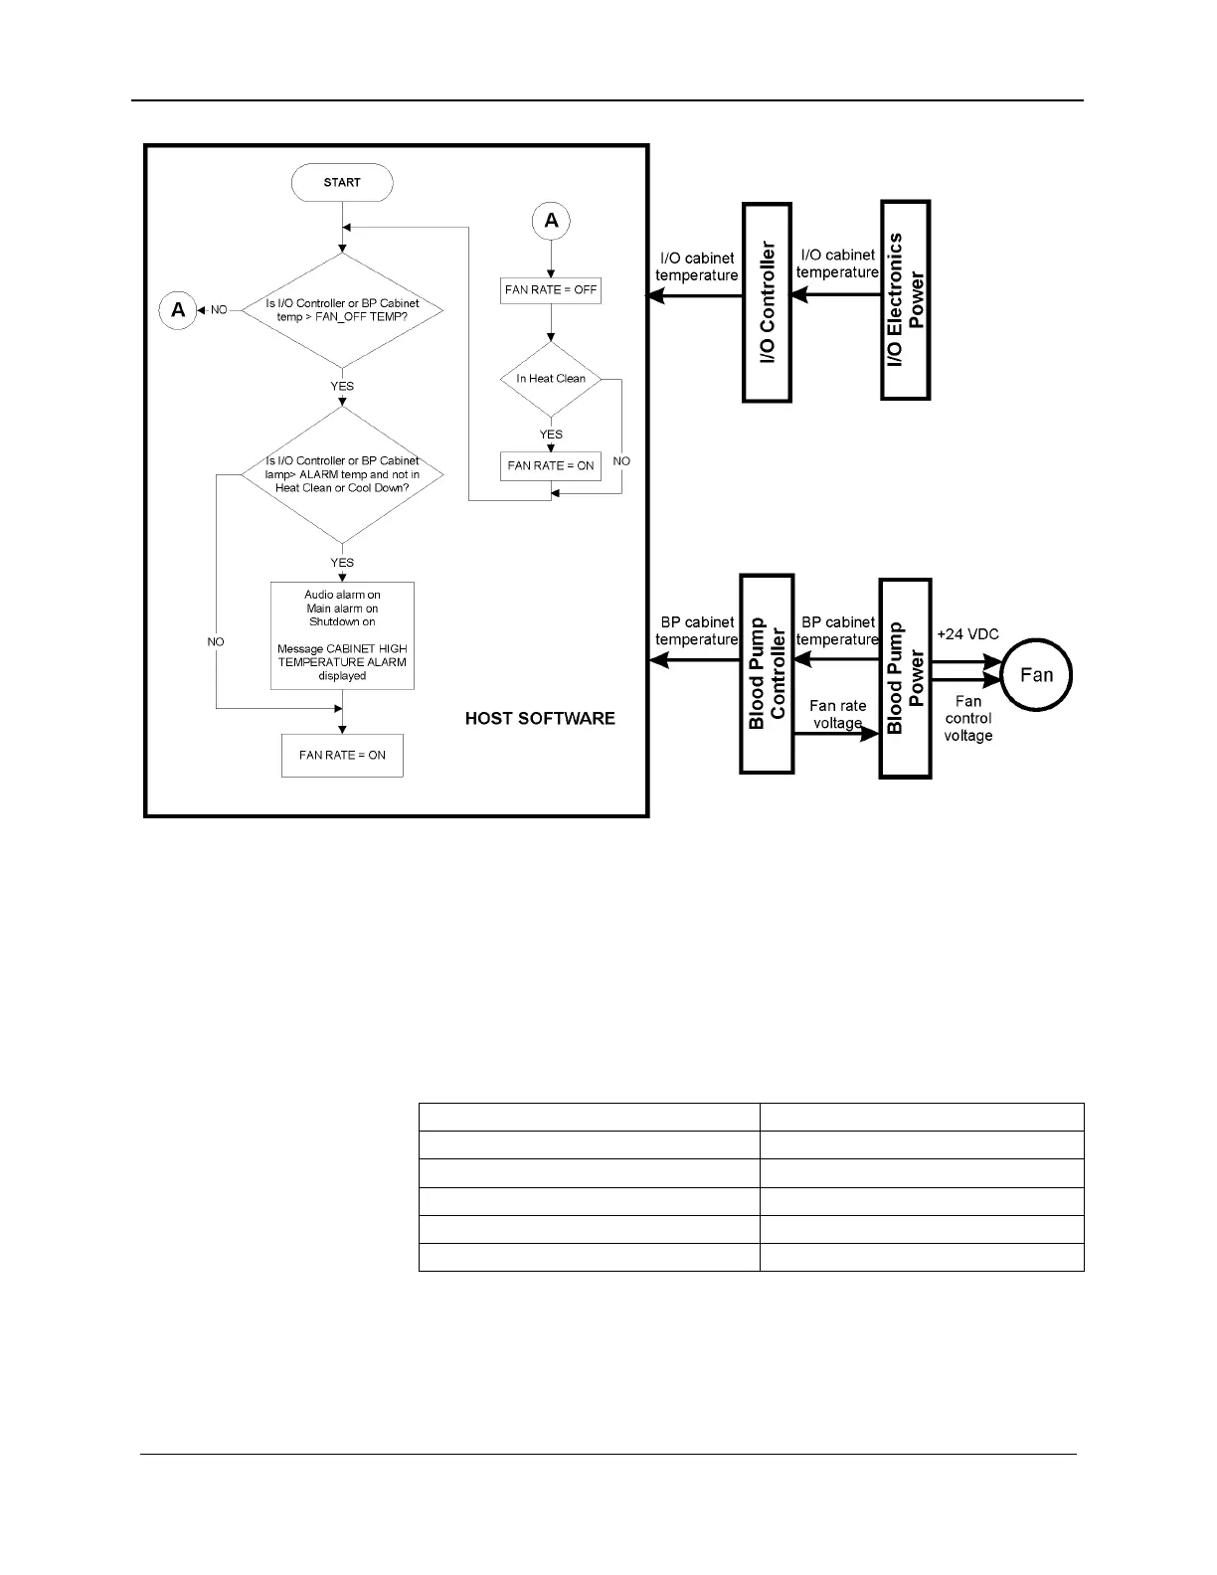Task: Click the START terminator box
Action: [342, 183]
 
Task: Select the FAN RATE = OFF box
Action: [551, 290]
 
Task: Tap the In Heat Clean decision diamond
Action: [551, 379]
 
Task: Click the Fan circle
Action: [1035, 675]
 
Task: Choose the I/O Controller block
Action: [768, 302]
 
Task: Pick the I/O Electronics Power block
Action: [906, 300]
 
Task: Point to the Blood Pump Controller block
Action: [767, 674]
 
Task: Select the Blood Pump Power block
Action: [906, 678]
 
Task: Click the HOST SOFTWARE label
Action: [540, 718]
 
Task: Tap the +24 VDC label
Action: [967, 634]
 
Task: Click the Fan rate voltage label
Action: [838, 714]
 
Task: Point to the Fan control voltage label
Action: [968, 718]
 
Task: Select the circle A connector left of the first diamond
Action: [178, 310]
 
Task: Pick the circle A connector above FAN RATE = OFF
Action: [551, 221]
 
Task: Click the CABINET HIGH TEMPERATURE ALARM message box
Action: [342, 635]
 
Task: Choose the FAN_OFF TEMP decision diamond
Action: [342, 310]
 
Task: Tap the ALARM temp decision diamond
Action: [342, 475]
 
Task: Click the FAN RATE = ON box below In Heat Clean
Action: [551, 465]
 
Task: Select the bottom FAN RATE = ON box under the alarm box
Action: [342, 756]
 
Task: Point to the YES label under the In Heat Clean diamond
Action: [551, 435]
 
